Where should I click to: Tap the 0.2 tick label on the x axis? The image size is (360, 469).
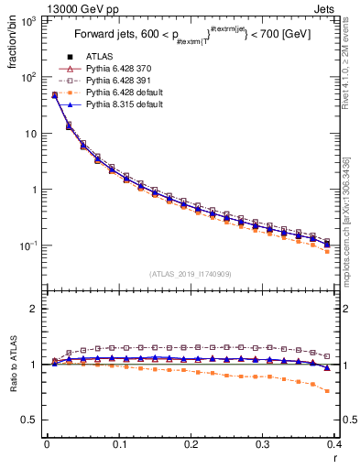[191, 444]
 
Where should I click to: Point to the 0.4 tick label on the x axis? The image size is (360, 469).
[337, 444]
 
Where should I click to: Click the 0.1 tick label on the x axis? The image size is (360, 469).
[119, 444]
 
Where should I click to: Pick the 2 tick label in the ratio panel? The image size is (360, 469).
[34, 309]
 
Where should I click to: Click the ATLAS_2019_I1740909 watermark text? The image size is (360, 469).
[191, 274]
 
